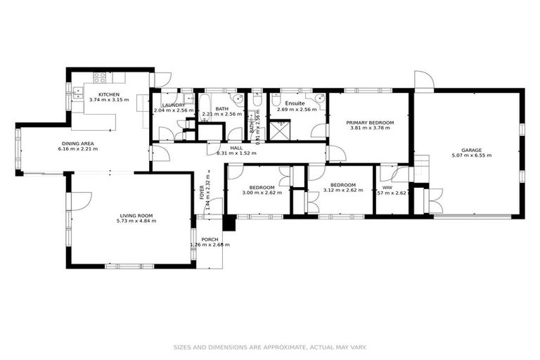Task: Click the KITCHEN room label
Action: click(108, 94)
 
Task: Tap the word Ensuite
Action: click(295, 103)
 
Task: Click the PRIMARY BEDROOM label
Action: click(370, 122)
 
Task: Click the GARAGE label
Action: click(471, 149)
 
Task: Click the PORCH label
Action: click(210, 239)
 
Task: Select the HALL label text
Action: click(236, 148)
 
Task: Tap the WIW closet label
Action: click(386, 186)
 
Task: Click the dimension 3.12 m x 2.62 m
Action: click(342, 190)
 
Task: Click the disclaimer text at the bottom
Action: click(270, 347)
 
